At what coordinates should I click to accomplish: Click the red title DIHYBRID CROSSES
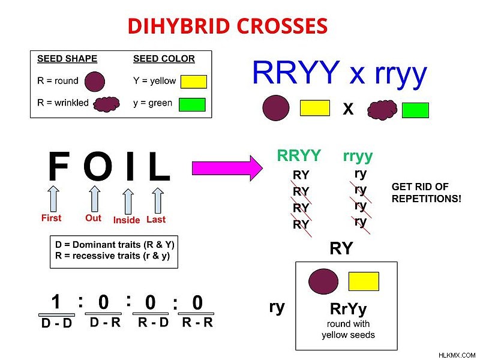tap(227, 26)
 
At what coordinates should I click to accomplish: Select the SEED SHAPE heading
tap(67, 58)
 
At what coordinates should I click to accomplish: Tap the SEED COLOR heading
tap(164, 58)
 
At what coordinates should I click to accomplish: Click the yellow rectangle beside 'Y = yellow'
tap(193, 82)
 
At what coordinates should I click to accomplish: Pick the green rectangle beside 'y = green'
tap(192, 104)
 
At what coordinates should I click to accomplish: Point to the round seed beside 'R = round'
tap(95, 82)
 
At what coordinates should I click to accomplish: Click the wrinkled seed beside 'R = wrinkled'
tap(106, 104)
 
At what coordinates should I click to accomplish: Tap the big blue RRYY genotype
tap(296, 73)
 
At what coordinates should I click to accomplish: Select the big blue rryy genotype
tap(401, 75)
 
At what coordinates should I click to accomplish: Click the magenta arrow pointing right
tap(227, 168)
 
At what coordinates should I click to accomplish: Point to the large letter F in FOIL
tap(59, 166)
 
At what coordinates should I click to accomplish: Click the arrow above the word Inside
tap(128, 202)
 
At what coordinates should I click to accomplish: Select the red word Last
tap(156, 219)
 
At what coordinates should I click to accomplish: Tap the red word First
tap(51, 218)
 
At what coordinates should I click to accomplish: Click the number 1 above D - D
tap(56, 302)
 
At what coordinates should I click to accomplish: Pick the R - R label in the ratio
tap(197, 322)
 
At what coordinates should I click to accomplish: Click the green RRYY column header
tap(298, 155)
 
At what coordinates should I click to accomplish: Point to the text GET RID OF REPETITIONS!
tap(426, 193)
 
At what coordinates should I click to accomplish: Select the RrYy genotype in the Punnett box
tap(348, 309)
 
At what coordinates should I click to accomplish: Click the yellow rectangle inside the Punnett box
tap(364, 281)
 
